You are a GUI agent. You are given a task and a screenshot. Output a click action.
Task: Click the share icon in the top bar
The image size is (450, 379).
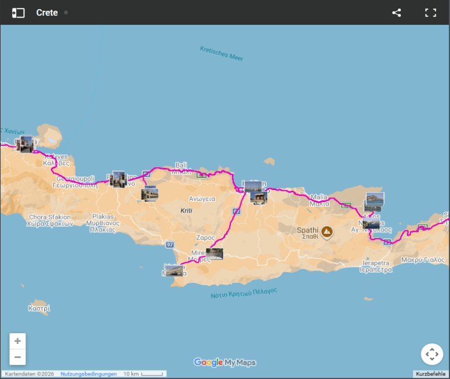[396, 12]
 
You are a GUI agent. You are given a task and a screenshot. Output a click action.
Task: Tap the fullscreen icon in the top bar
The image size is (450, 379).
[431, 12]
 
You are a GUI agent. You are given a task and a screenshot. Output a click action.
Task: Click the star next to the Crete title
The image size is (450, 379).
[66, 12]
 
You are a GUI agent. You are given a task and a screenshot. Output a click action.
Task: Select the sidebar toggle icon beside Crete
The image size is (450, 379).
[19, 12]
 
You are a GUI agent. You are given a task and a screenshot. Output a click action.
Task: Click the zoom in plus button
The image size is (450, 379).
[18, 341]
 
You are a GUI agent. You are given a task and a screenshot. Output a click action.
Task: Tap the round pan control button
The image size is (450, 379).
[432, 354]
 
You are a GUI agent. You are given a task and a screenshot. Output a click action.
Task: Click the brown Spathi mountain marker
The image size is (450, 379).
[327, 231]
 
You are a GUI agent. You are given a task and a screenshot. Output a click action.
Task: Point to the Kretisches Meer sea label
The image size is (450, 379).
[221, 53]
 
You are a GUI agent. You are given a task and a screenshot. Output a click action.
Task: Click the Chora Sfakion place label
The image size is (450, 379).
[50, 217]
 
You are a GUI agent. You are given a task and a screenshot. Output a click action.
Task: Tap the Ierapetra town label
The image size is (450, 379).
[376, 264]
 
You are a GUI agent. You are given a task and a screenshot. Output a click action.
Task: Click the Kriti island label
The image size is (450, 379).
[186, 210]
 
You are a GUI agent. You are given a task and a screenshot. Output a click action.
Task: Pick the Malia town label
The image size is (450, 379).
[319, 197]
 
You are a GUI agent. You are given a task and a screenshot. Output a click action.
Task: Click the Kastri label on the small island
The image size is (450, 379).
[39, 309]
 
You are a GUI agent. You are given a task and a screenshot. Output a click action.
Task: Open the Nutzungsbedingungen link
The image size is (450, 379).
[88, 374]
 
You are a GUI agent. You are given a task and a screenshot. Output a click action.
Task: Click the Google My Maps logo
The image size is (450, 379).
[225, 363]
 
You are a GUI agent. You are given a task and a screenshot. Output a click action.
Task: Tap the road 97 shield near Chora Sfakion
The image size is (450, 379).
[170, 244]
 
